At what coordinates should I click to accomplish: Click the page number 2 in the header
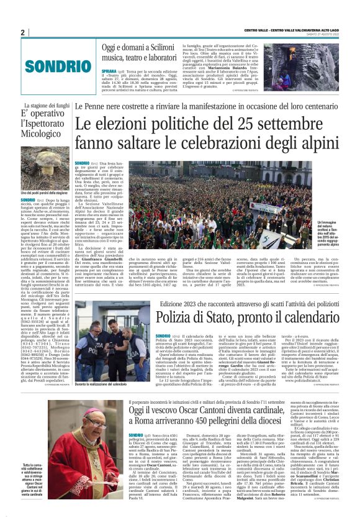(x=22, y=32)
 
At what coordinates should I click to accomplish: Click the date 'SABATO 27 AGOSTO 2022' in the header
(x=335, y=32)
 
